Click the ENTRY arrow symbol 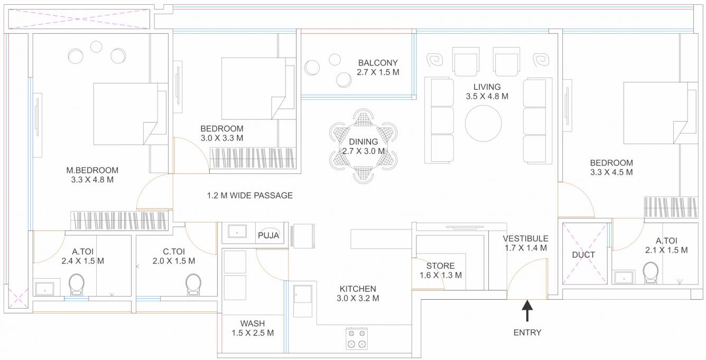527,310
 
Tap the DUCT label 583,255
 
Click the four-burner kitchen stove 357,338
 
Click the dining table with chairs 363,146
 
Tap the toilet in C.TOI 193,284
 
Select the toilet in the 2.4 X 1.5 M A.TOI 77,284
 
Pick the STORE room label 440,266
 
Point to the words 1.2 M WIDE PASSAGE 249,196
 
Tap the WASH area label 253,324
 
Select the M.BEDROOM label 92,170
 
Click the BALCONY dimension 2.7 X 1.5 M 377,72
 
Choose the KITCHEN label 358,289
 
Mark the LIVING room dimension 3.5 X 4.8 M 487,96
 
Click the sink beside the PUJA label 237,232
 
